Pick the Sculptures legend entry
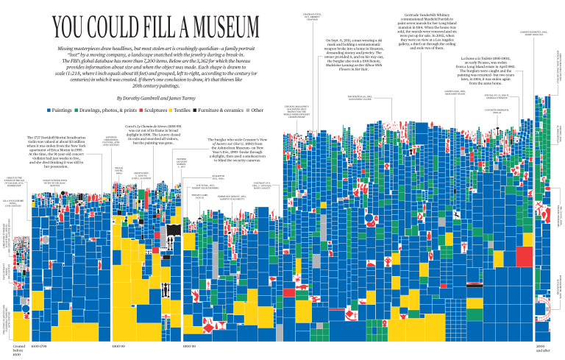click(x=158, y=110)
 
